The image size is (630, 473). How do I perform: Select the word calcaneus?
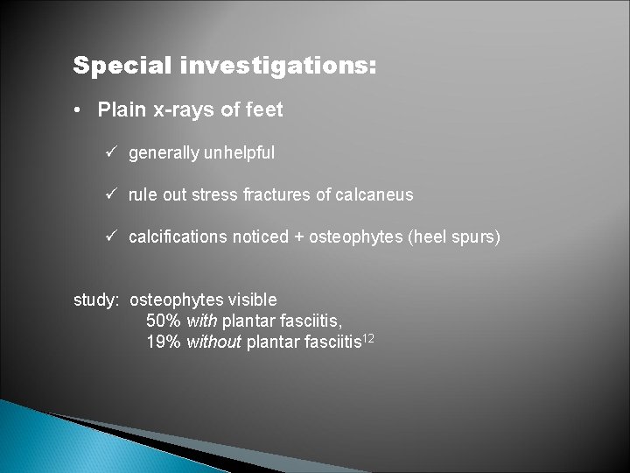tap(374, 194)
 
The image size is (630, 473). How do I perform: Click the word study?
tap(97, 300)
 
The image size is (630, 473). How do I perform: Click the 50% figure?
tap(162, 321)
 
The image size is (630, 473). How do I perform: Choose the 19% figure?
tap(162, 342)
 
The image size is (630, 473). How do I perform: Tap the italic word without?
tap(213, 342)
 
